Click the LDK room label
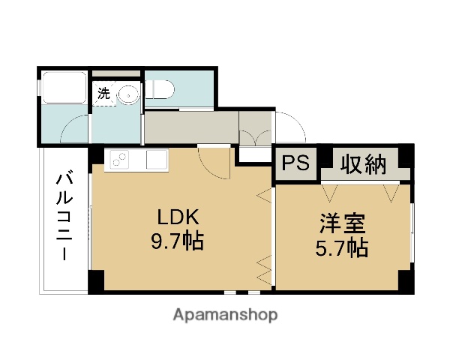click(177, 217)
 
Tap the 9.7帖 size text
click(177, 241)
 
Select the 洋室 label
click(342, 224)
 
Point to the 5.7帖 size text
click(342, 247)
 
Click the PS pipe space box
click(295, 164)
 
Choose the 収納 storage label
click(365, 163)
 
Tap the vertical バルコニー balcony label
click(65, 217)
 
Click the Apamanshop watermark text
click(225, 315)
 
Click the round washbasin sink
click(129, 94)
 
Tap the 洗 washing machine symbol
click(103, 94)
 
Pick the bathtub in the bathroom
click(64, 88)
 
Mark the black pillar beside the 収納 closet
click(404, 155)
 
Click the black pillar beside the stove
click(97, 155)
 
